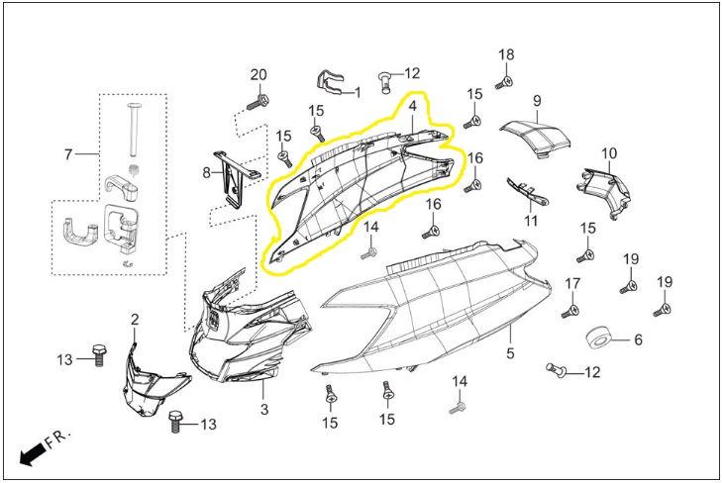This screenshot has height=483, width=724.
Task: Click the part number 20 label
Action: [259, 75]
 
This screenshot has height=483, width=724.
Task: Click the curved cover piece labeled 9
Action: [537, 137]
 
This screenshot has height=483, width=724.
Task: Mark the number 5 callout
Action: [511, 352]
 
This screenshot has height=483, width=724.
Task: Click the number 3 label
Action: [264, 409]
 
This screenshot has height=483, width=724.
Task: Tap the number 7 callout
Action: [68, 153]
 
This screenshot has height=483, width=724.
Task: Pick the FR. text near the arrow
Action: [60, 436]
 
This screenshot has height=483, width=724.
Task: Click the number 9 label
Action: [537, 101]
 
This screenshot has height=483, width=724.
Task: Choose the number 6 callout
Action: [639, 338]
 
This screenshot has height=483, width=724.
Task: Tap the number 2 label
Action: [135, 319]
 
